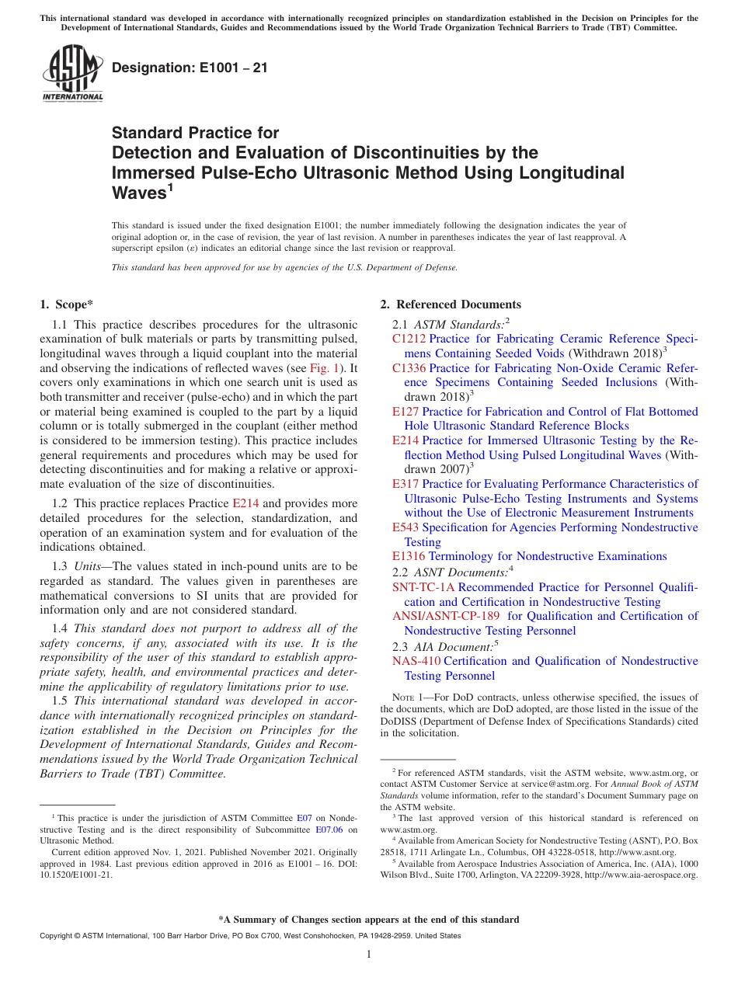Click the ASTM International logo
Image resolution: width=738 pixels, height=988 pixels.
pyautogui.click(x=72, y=74)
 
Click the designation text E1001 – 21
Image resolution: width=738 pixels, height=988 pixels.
pyautogui.click(x=190, y=68)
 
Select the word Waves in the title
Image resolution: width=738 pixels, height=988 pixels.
pyautogui.click(x=139, y=192)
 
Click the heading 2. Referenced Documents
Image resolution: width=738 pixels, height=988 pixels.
pyautogui.click(x=450, y=304)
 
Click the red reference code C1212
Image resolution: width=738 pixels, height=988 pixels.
pyautogui.click(x=409, y=339)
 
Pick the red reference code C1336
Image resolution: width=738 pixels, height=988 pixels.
pyautogui.click(x=409, y=368)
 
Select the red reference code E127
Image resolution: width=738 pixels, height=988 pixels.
pyautogui.click(x=406, y=412)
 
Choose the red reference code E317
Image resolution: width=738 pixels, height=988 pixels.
pyautogui.click(x=406, y=484)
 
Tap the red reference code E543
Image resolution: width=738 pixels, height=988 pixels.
pyautogui.click(x=406, y=527)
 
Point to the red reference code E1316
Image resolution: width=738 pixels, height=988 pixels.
pyautogui.click(x=409, y=556)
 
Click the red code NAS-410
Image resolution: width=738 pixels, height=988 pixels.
pyautogui.click(x=416, y=661)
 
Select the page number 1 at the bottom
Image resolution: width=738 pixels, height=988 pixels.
pyautogui.click(x=369, y=954)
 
